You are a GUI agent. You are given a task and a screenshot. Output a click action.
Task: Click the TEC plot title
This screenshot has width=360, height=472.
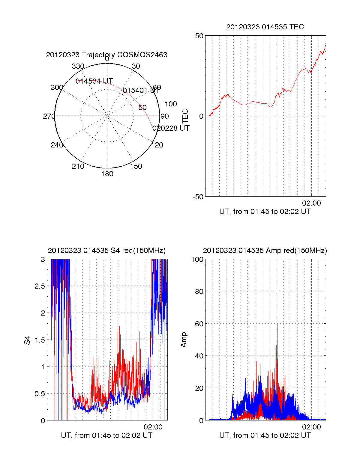[x=265, y=27]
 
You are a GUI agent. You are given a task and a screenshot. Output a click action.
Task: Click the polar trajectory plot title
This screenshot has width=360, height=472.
[x=106, y=55]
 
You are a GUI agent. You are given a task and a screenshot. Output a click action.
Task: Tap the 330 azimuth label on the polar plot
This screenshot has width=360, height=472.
[x=78, y=66]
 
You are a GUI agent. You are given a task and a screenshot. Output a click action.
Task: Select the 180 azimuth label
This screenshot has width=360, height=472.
[x=107, y=174]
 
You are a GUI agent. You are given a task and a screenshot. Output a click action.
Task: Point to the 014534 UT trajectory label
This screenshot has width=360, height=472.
[x=94, y=81]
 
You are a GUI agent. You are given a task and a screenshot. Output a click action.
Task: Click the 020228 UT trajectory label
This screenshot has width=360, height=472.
[x=171, y=128]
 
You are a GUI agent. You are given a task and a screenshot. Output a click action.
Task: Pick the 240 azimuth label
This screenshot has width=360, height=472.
[x=57, y=145]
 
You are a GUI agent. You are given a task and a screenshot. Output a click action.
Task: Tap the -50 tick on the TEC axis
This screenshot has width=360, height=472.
[x=198, y=197]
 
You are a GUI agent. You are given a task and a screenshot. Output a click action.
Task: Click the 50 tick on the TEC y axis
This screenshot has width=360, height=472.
[x=199, y=36]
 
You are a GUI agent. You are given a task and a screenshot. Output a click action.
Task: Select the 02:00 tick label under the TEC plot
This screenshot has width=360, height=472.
[x=311, y=203]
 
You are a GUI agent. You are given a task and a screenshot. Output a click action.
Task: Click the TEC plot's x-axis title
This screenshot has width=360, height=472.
[x=265, y=212]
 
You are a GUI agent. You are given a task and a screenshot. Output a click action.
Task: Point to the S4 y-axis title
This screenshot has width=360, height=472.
[x=27, y=340]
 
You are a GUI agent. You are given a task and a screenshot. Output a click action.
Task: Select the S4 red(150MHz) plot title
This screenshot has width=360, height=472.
[x=106, y=251]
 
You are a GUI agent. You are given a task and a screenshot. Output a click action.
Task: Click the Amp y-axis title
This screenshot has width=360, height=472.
[x=184, y=340]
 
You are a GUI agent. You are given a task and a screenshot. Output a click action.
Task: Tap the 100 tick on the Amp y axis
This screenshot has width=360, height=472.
[x=197, y=260]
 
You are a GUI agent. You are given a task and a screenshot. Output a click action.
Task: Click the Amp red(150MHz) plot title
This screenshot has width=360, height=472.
[x=265, y=251]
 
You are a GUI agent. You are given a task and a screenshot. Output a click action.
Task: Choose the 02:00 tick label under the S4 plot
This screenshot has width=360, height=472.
[x=153, y=427]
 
